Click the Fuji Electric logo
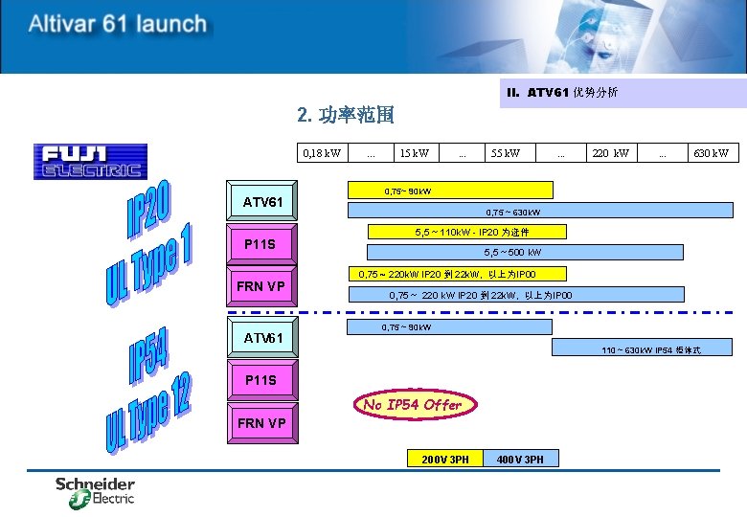click(x=91, y=161)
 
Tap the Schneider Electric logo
click(x=95, y=491)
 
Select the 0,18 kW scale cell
click(x=321, y=153)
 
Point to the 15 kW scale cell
click(x=415, y=153)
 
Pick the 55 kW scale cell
click(x=506, y=153)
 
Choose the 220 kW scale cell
click(x=611, y=153)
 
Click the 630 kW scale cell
click(x=710, y=153)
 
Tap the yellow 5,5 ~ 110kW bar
click(x=468, y=232)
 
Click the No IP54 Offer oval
click(x=413, y=405)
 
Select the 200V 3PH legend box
click(x=445, y=460)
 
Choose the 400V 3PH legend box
click(x=520, y=460)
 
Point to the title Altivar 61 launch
click(x=117, y=24)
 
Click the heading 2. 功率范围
click(x=346, y=116)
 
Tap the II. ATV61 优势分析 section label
click(x=562, y=93)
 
